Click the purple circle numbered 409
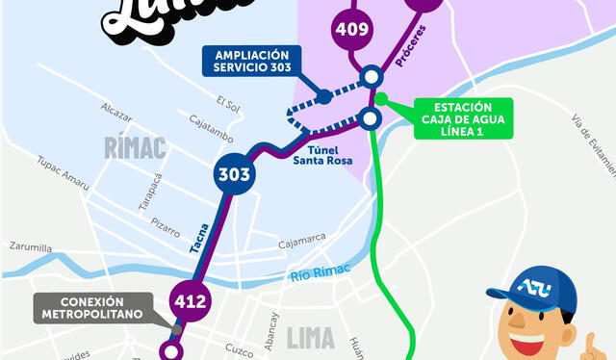(352, 29)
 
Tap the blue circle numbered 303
(234, 175)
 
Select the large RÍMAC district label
(134, 148)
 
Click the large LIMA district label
(311, 338)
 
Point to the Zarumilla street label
(31, 246)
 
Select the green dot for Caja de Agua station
(381, 98)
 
